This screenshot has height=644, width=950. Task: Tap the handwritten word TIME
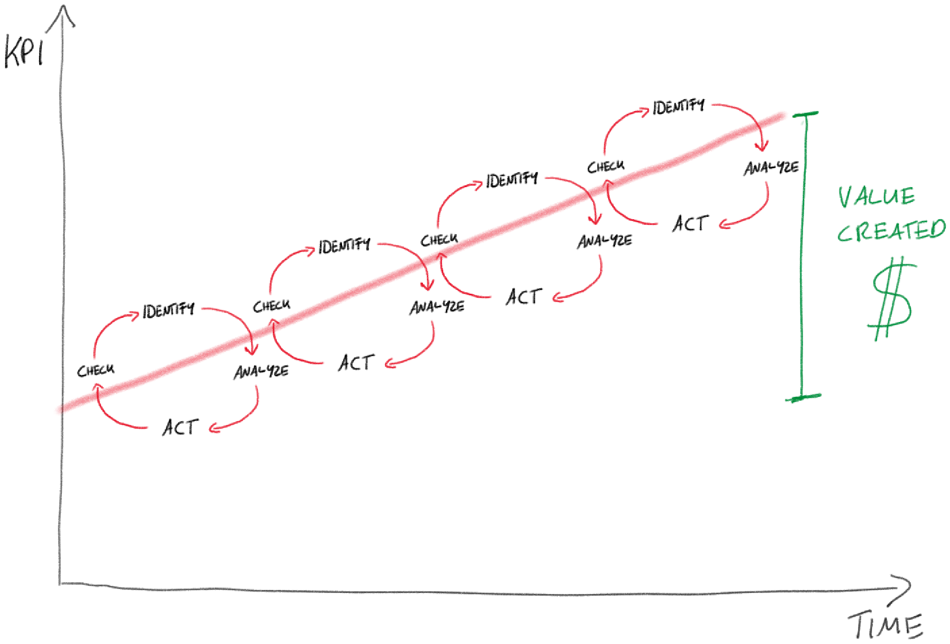pyautogui.click(x=886, y=625)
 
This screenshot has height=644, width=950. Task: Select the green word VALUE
pyautogui.click(x=876, y=197)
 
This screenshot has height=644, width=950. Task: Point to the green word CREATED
pyautogui.click(x=891, y=231)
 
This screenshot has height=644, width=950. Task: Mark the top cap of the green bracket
pyautogui.click(x=805, y=113)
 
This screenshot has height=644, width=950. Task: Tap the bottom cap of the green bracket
pyautogui.click(x=803, y=397)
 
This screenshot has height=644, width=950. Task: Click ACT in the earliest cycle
pyautogui.click(x=180, y=427)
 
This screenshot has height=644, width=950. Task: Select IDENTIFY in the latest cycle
pyautogui.click(x=678, y=107)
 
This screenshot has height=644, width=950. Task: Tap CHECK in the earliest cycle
pyautogui.click(x=96, y=371)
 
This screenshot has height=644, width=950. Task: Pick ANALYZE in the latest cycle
pyautogui.click(x=771, y=168)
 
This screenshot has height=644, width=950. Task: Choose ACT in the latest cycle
pyautogui.click(x=691, y=224)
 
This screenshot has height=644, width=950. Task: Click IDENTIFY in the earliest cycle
pyautogui.click(x=168, y=310)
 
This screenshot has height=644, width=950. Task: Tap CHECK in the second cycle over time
pyautogui.click(x=271, y=306)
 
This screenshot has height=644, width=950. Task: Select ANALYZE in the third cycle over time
pyautogui.click(x=604, y=241)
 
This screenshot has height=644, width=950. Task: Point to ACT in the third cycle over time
pyautogui.click(x=524, y=296)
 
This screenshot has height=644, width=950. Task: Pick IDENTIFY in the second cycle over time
pyautogui.click(x=344, y=245)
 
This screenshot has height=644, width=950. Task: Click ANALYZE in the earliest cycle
pyautogui.click(x=261, y=372)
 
